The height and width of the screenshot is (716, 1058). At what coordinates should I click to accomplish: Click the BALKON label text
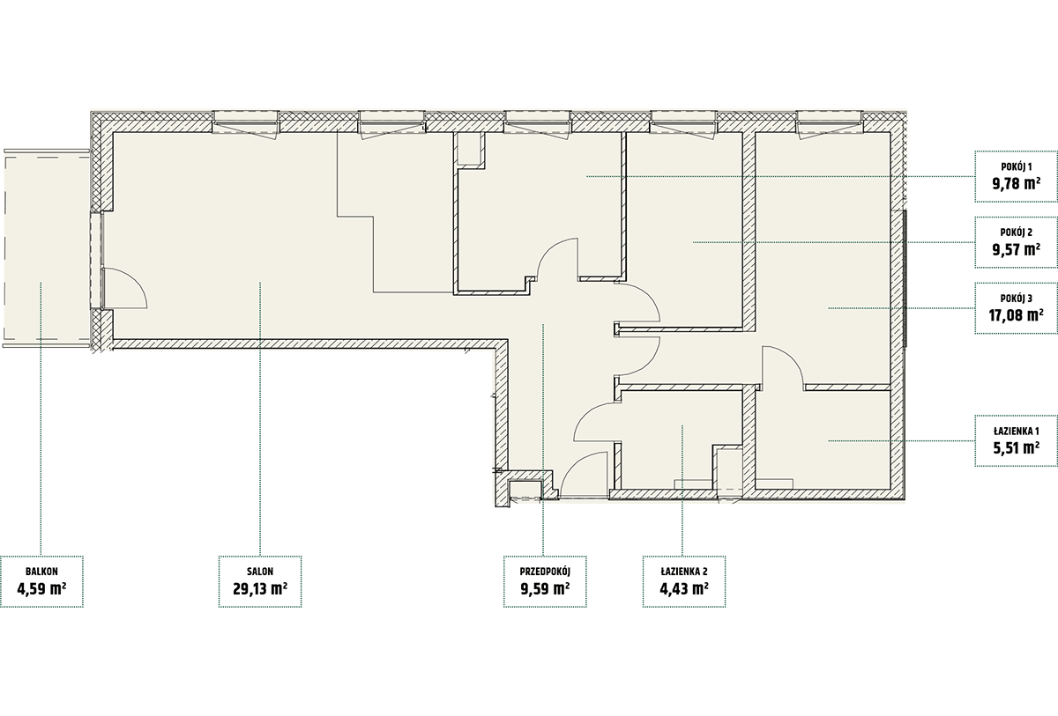coord(41,572)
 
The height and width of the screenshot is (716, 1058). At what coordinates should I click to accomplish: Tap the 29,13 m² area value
coord(260,588)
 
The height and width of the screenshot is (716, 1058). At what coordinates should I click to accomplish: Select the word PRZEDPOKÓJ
coord(545,572)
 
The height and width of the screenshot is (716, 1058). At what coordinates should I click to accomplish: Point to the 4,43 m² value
coord(684,588)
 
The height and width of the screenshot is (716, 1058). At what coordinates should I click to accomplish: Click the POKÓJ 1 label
coord(1017,166)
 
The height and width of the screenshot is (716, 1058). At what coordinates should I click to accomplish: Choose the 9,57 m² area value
coord(1017,249)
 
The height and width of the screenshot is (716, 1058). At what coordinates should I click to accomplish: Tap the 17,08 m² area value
coord(1017,314)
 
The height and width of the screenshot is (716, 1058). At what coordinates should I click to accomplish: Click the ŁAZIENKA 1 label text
coord(1017,431)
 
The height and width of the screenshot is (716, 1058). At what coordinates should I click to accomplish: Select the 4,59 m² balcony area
coord(41,588)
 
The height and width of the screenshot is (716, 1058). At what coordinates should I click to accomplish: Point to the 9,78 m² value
coord(1017,183)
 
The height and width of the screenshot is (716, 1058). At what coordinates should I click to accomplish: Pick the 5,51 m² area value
coord(1017,447)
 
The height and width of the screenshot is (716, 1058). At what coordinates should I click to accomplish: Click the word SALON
coord(260,572)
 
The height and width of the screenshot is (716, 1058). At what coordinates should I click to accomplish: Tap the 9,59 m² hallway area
coord(545,588)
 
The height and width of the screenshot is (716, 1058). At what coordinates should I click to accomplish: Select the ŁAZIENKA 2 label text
coord(684,572)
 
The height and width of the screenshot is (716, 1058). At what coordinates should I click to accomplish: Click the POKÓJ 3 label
coord(1017,299)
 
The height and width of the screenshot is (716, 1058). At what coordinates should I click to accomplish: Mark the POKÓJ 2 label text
coord(1017,233)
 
